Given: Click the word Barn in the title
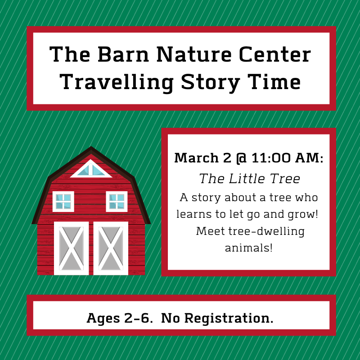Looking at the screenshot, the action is point(123,54).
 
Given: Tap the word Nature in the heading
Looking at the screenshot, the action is point(194,54).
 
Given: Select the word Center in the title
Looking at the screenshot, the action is point(275,54).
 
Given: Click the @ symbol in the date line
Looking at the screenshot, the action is point(241,158).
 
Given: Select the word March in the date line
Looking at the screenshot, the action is point(196,158).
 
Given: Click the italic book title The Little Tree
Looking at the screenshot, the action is point(250,179).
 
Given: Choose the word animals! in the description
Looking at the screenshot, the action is point(249,248).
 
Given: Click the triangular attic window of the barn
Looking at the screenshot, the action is point(91,169).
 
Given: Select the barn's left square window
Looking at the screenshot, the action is point(63,201).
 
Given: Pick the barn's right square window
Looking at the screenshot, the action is point(117,201).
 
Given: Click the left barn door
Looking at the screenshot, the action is point(72,248).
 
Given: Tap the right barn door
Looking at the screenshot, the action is point(111,248).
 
